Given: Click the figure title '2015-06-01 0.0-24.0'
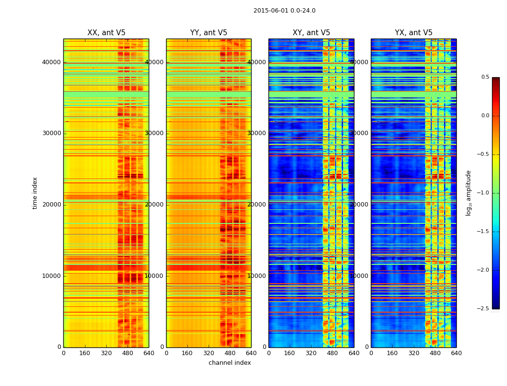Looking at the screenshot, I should [x=284, y=11].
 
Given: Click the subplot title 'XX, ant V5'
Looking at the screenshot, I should [x=106, y=33].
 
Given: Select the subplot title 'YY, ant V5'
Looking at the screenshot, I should [x=209, y=33].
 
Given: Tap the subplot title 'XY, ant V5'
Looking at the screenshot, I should [x=311, y=33].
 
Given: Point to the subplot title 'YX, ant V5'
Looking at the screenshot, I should [x=414, y=33].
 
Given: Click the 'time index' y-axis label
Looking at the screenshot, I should [x=35, y=193].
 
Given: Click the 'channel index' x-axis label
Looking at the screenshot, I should [x=230, y=363].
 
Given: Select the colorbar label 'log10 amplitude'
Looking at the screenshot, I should [x=468, y=193].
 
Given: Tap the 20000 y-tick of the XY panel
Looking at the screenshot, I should [x=257, y=205].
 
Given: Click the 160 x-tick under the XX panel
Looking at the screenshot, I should [x=85, y=353].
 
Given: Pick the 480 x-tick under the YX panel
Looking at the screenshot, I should [x=435, y=353].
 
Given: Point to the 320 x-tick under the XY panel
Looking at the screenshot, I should [x=311, y=353].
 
